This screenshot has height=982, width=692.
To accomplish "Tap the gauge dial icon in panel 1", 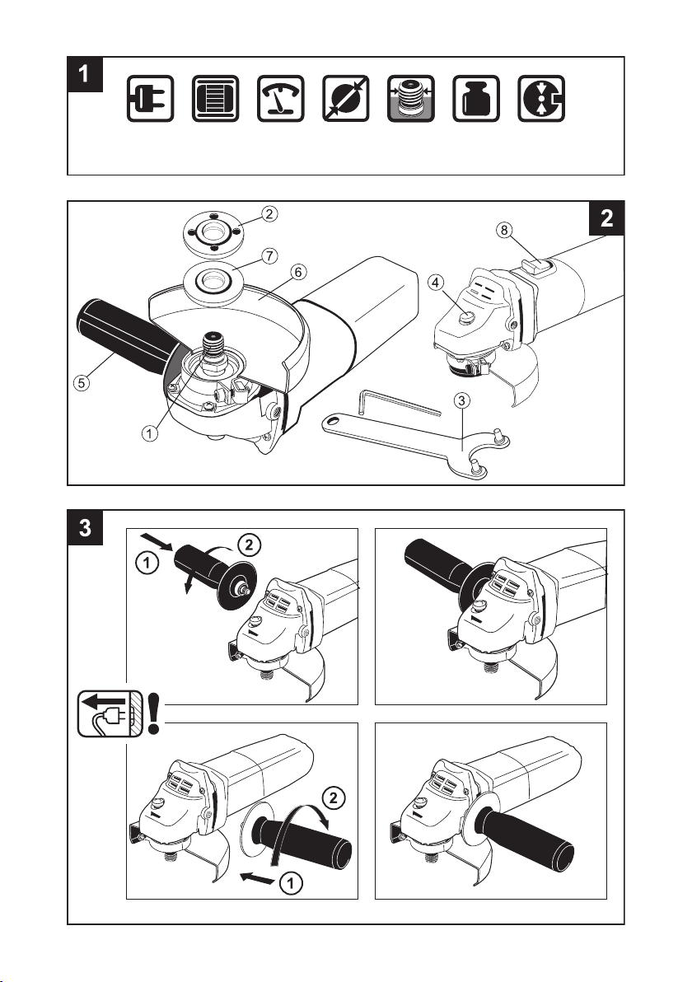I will click(282, 101).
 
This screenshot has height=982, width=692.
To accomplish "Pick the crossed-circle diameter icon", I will click(347, 101).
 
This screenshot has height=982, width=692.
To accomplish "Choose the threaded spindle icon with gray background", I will click(412, 101).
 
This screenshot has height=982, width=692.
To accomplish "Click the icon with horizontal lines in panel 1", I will click(217, 101).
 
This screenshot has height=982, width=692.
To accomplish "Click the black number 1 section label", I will click(85, 75).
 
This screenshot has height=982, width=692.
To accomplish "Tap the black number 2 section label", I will click(605, 220).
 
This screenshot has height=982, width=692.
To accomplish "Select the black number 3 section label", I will click(85, 528).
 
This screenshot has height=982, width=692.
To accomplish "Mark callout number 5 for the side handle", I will click(79, 383).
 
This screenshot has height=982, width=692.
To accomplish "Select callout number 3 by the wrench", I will click(464, 400).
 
